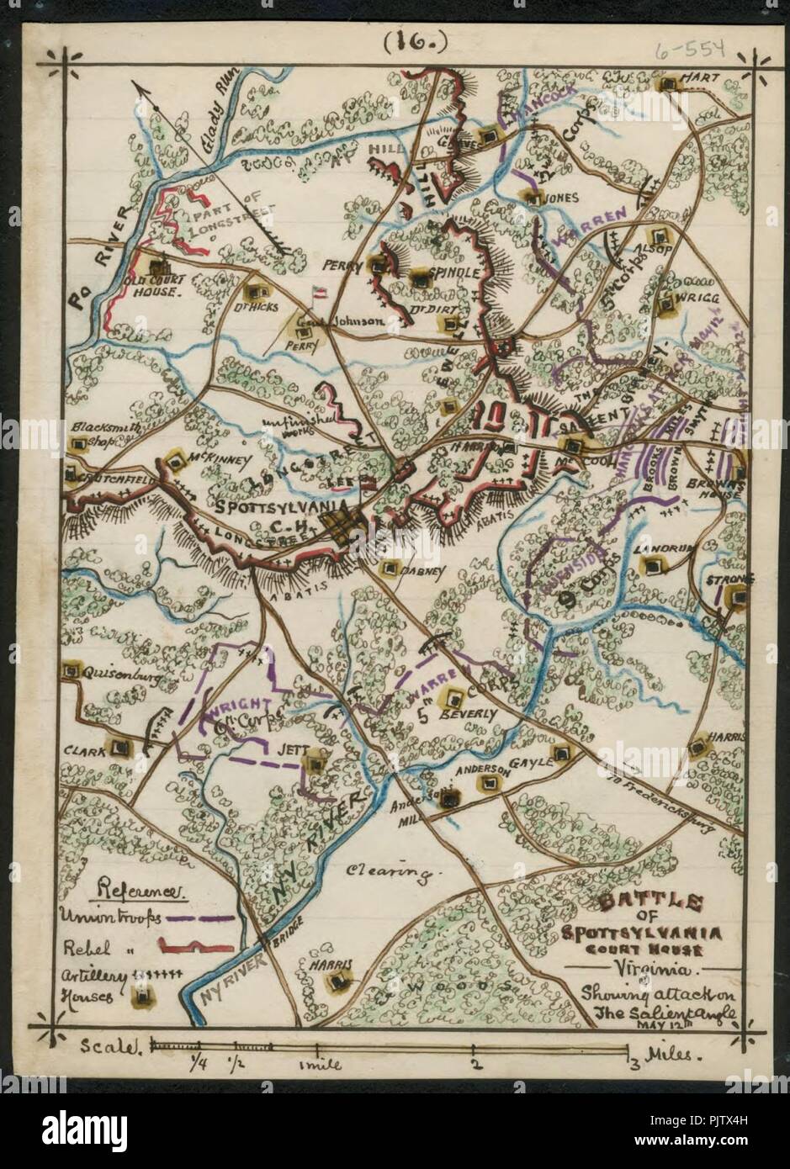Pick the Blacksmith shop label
102,432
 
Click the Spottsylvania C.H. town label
264,515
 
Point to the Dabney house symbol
392,569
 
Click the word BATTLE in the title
649,903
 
